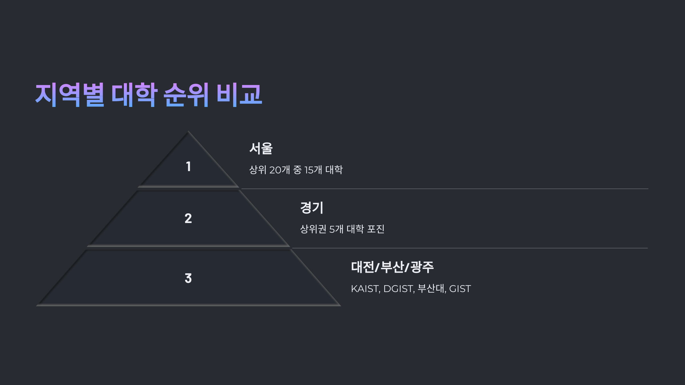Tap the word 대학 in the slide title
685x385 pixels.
pyautogui.click(x=134, y=95)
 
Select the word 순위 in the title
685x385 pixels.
pyautogui.click(x=186, y=95)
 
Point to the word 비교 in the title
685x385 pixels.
pyautogui.click(x=239, y=95)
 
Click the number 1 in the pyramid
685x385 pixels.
pyautogui.click(x=188, y=167)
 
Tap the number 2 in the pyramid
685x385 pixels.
pyautogui.click(x=188, y=218)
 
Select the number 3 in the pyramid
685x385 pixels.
pyautogui.click(x=188, y=278)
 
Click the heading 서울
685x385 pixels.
pyautogui.click(x=261, y=149)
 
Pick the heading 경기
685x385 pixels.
pyautogui.click(x=312, y=208)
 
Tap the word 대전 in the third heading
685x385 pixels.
pyautogui.click(x=362, y=267)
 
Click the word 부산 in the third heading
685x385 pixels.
pyautogui.click(x=392, y=267)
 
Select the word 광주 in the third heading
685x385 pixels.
pyautogui.click(x=422, y=267)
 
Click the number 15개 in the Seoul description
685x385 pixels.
pyautogui.click(x=313, y=170)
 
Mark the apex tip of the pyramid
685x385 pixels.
pyautogui.click(x=188, y=132)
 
